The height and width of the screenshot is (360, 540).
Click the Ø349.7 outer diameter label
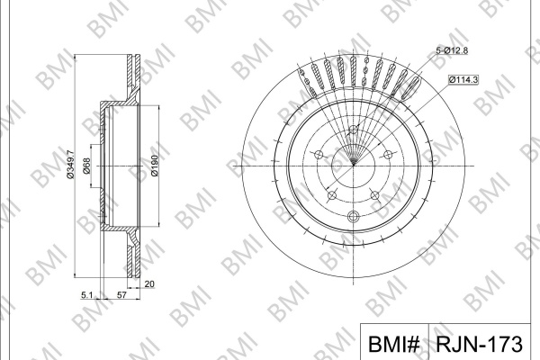tap(70, 165)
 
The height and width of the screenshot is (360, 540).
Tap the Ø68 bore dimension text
tap(86, 166)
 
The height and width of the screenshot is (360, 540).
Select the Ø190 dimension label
tap(155, 166)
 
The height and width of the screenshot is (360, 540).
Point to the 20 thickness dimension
tap(149, 284)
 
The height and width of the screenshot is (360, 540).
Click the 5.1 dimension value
tap(86, 295)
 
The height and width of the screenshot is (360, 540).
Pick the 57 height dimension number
tap(121, 295)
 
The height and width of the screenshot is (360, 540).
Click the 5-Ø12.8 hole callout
tap(452, 50)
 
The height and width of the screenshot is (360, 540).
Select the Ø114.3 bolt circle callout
tap(463, 79)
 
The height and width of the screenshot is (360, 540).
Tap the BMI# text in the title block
tap(394, 344)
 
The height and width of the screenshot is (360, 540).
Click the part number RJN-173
tap(479, 344)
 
